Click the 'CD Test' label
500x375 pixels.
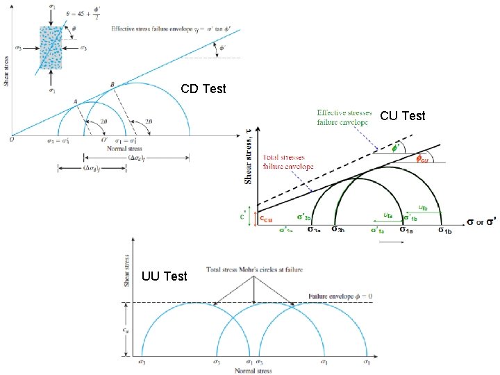203,89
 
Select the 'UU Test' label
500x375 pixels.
164,276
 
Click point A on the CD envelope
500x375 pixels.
74,101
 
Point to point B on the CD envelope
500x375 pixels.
112,85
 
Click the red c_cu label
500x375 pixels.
266,219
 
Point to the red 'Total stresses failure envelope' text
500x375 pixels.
288,162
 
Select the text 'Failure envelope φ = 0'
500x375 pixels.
344,297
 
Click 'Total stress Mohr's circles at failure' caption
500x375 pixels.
253,270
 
